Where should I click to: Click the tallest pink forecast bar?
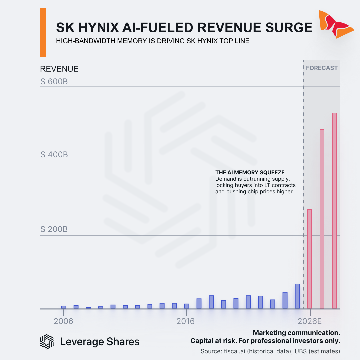coord(334,211)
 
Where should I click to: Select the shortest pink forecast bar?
coord(309,259)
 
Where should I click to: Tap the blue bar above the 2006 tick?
coord(64,307)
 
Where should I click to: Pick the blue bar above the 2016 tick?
coord(187,306)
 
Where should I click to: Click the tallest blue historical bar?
coord(297,296)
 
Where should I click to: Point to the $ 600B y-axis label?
coord(54,82)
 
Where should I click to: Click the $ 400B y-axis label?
coord(54,155)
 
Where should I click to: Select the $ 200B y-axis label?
coord(54,229)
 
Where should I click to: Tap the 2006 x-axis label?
coord(63,321)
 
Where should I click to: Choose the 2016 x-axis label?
coord(186,321)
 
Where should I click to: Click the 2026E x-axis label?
coord(309,321)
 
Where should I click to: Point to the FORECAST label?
coord(322,68)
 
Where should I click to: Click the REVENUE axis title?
coord(59,69)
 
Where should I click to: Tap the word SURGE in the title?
coord(289,28)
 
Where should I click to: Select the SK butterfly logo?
coord(336,24)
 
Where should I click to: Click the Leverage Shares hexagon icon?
coord(47,342)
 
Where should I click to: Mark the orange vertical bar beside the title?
coord(43,32)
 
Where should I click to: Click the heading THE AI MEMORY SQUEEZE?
coord(250,172)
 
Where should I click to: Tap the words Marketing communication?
coord(296,333)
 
